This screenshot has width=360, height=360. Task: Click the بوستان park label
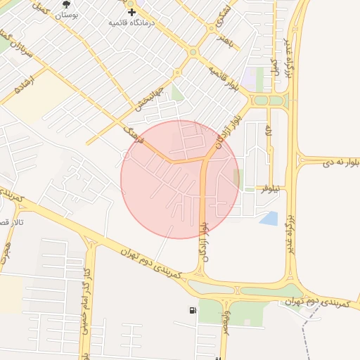click(66, 15)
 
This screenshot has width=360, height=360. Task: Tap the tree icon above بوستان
click(66, 4)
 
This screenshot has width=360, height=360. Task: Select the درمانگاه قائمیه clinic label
click(131, 22)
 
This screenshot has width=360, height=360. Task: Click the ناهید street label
click(225, 41)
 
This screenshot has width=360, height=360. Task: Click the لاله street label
click(269, 131)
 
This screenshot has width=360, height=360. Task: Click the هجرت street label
click(6, 250)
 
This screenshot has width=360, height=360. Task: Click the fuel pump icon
click(193, 310)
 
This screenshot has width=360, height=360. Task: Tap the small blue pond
click(269, 218)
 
